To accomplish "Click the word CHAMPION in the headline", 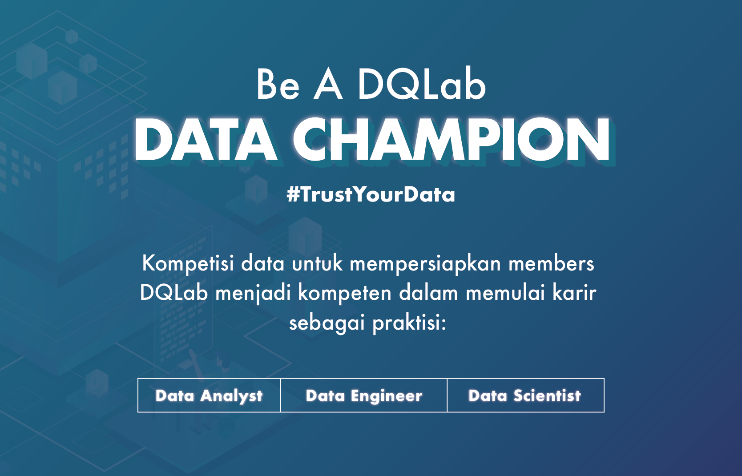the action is (451, 139).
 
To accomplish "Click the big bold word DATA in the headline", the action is (205, 139).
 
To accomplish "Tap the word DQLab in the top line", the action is (422, 84).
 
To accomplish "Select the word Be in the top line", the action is (278, 85).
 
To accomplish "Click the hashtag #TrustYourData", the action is (371, 194).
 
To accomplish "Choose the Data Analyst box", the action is (209, 395).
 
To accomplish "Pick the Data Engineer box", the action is (364, 395).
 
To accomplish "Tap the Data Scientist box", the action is (526, 395).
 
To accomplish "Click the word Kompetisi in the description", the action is (188, 264).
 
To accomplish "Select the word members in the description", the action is (551, 264).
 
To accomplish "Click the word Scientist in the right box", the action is (547, 395).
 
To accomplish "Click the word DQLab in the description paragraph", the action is (174, 294).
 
